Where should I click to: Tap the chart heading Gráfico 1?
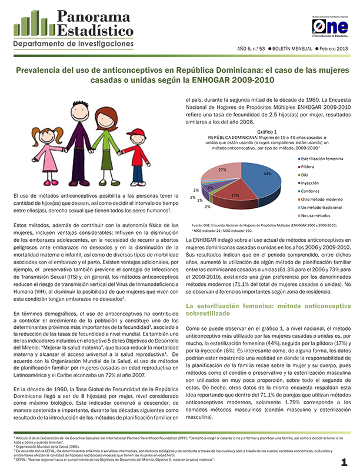[x=251, y=132]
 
